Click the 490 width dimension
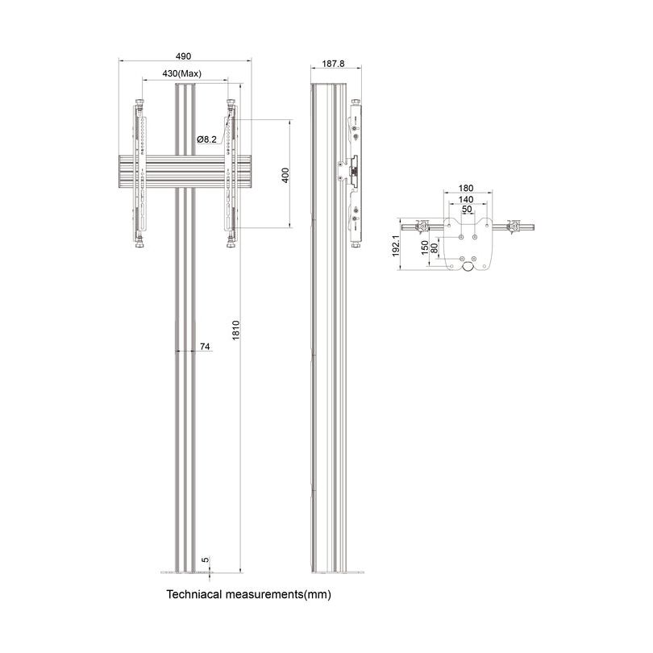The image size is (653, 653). (x=183, y=56)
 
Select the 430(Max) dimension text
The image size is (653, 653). (x=181, y=73)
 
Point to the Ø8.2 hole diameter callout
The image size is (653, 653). (x=207, y=139)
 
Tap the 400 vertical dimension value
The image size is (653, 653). (x=284, y=176)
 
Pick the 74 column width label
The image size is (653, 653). (x=205, y=346)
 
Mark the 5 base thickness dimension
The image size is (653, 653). (x=206, y=559)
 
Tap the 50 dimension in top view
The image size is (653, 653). (x=466, y=209)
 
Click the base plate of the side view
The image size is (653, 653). (x=335, y=573)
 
